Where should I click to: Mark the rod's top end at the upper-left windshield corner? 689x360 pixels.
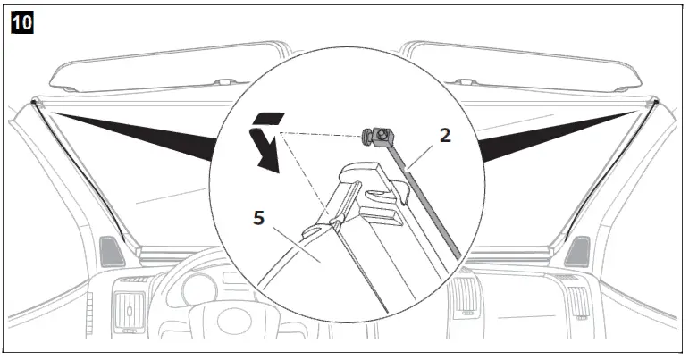[x=34, y=102]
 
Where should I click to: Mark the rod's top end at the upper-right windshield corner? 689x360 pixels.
[x=654, y=102]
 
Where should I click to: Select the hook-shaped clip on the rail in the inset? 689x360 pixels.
[x=374, y=182]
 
